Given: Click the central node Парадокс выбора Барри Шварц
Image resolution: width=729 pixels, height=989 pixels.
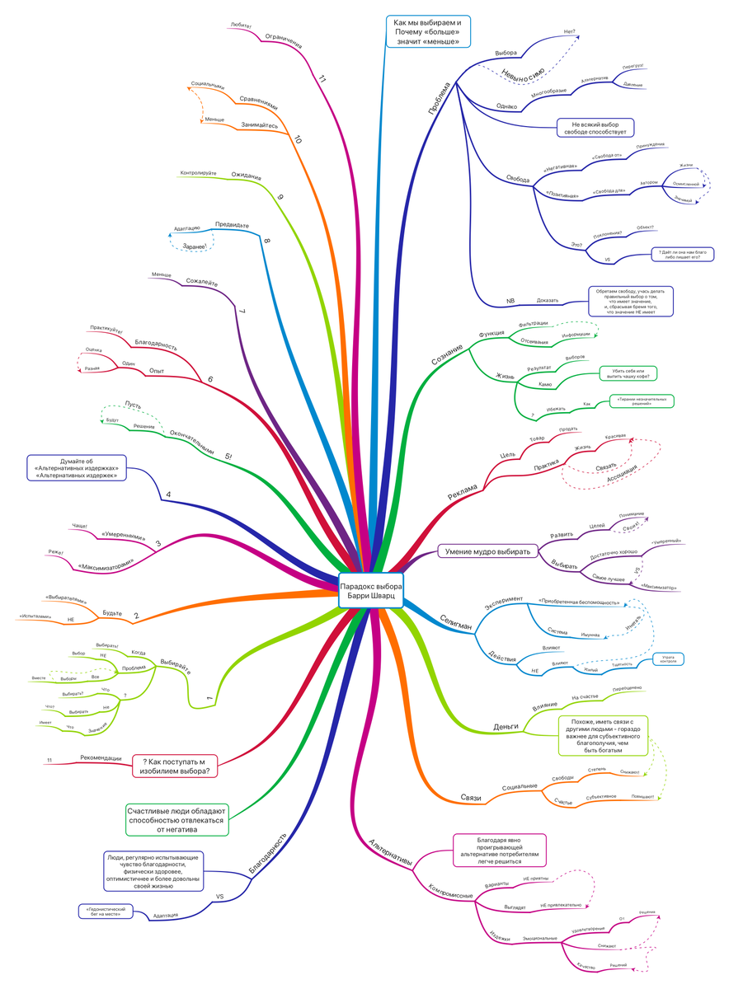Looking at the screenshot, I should tap(371, 590).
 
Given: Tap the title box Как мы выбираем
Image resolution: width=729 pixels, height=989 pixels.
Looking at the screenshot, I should tap(427, 32).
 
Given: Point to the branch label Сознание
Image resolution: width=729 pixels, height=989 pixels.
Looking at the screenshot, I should tap(447, 350).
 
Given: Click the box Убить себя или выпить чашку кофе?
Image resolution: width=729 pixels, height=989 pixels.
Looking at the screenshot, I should tap(628, 373).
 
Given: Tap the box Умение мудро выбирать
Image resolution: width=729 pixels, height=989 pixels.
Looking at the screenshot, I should tap(488, 551).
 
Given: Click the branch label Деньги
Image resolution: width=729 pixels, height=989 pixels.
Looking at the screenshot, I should tap(506, 726).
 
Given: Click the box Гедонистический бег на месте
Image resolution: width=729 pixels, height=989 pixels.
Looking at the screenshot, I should tap(104, 911).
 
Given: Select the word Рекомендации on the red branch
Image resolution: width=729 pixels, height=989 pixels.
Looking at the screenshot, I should tap(101, 758).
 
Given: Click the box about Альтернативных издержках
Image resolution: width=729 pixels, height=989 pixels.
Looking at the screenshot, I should tap(77, 466).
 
